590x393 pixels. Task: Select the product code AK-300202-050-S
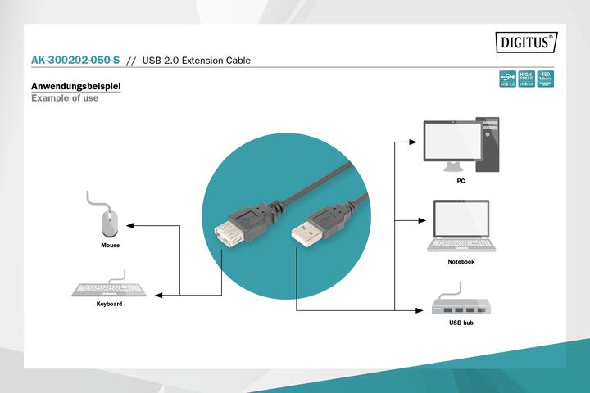tap(75, 61)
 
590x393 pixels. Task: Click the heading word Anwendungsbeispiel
tap(76, 86)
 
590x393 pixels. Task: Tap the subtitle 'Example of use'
tap(64, 98)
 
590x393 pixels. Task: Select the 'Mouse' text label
tap(110, 246)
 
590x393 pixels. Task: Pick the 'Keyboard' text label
tap(109, 305)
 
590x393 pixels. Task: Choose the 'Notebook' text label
tap(461, 262)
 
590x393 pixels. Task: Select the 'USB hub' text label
tap(461, 323)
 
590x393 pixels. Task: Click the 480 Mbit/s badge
tap(546, 79)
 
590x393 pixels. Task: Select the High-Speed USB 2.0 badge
tap(527, 79)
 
